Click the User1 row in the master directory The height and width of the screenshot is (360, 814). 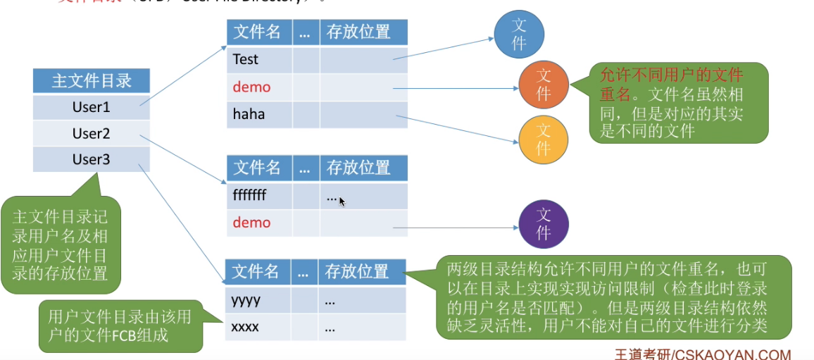click(x=92, y=108)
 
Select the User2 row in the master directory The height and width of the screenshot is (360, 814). click(x=92, y=134)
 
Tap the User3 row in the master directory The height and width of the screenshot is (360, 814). click(x=92, y=160)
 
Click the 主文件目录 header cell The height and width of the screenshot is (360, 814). click(x=92, y=81)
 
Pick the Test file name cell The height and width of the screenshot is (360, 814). click(x=259, y=60)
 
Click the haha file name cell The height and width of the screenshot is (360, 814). click(x=259, y=113)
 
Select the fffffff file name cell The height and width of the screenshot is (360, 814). click(x=259, y=195)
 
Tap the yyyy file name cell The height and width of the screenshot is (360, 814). click(x=258, y=300)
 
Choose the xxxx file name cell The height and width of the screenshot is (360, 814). click(x=258, y=327)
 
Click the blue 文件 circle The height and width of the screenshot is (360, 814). click(x=519, y=35)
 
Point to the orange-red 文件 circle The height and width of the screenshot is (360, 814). click(x=543, y=85)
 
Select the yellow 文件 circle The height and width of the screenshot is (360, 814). click(x=543, y=139)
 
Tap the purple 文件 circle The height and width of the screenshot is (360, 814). click(x=543, y=223)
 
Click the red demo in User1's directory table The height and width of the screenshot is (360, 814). click(x=251, y=87)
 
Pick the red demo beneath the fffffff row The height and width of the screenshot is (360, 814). click(x=251, y=223)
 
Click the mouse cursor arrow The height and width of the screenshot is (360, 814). click(x=342, y=201)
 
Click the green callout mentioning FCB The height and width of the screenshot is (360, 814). click(x=120, y=326)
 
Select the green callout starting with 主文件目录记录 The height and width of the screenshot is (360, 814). click(x=61, y=244)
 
